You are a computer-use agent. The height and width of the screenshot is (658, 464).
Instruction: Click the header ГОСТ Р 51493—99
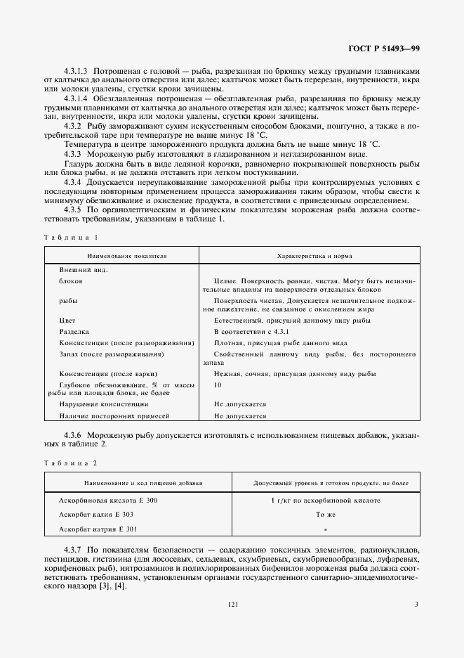384,49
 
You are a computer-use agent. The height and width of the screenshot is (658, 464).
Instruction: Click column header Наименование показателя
121,256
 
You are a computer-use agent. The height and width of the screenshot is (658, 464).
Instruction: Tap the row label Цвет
67,320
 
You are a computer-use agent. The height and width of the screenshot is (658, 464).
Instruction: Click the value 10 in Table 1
218,385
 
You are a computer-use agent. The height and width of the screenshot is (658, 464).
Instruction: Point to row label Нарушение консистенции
103,404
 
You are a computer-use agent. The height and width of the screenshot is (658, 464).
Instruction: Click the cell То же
325,514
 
